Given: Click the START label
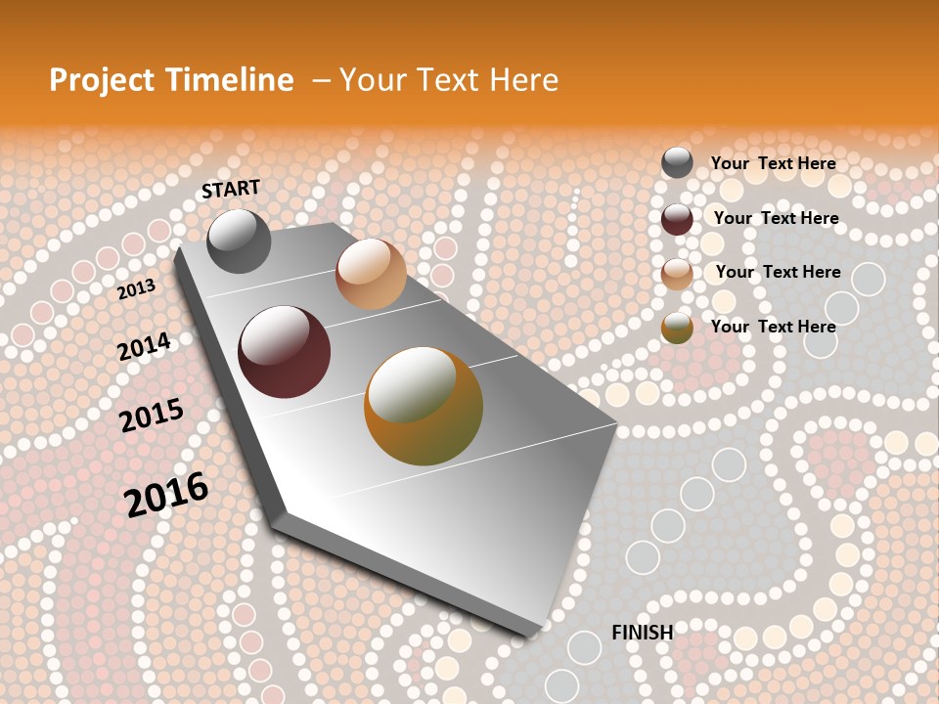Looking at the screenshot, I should click(x=231, y=188).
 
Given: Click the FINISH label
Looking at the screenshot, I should click(x=643, y=633).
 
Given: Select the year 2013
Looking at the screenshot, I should click(x=136, y=289).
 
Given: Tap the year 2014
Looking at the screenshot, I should click(x=144, y=346).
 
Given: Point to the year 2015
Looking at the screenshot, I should click(x=152, y=416).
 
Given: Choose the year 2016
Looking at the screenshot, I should click(x=166, y=494).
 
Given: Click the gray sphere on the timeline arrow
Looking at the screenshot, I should click(x=239, y=242).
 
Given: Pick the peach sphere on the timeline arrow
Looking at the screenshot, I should click(x=371, y=274).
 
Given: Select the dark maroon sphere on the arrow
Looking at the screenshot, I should click(x=285, y=352).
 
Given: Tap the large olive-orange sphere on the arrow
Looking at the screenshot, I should click(x=424, y=406).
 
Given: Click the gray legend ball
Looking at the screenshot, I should click(x=677, y=163).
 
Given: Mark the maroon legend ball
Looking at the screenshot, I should click(x=677, y=219).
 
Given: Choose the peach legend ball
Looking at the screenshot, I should click(x=677, y=274).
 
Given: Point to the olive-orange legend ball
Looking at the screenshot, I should click(x=677, y=329).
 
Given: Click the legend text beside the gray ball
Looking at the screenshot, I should click(x=773, y=163).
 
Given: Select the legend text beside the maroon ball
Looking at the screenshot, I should click(x=776, y=218).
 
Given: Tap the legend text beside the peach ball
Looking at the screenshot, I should click(x=778, y=272).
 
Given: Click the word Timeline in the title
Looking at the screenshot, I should click(x=230, y=80).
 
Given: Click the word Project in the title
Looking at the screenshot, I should click(x=102, y=80).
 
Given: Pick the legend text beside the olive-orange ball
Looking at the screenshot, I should click(x=773, y=327).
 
